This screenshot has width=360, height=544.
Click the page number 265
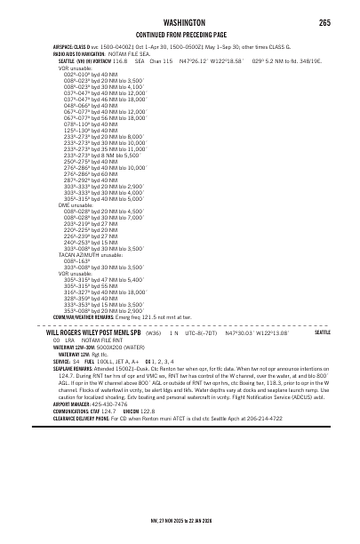pos(324,22)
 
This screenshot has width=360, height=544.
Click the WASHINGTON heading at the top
pos(180,22)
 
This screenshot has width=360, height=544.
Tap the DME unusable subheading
pos(76,204)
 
